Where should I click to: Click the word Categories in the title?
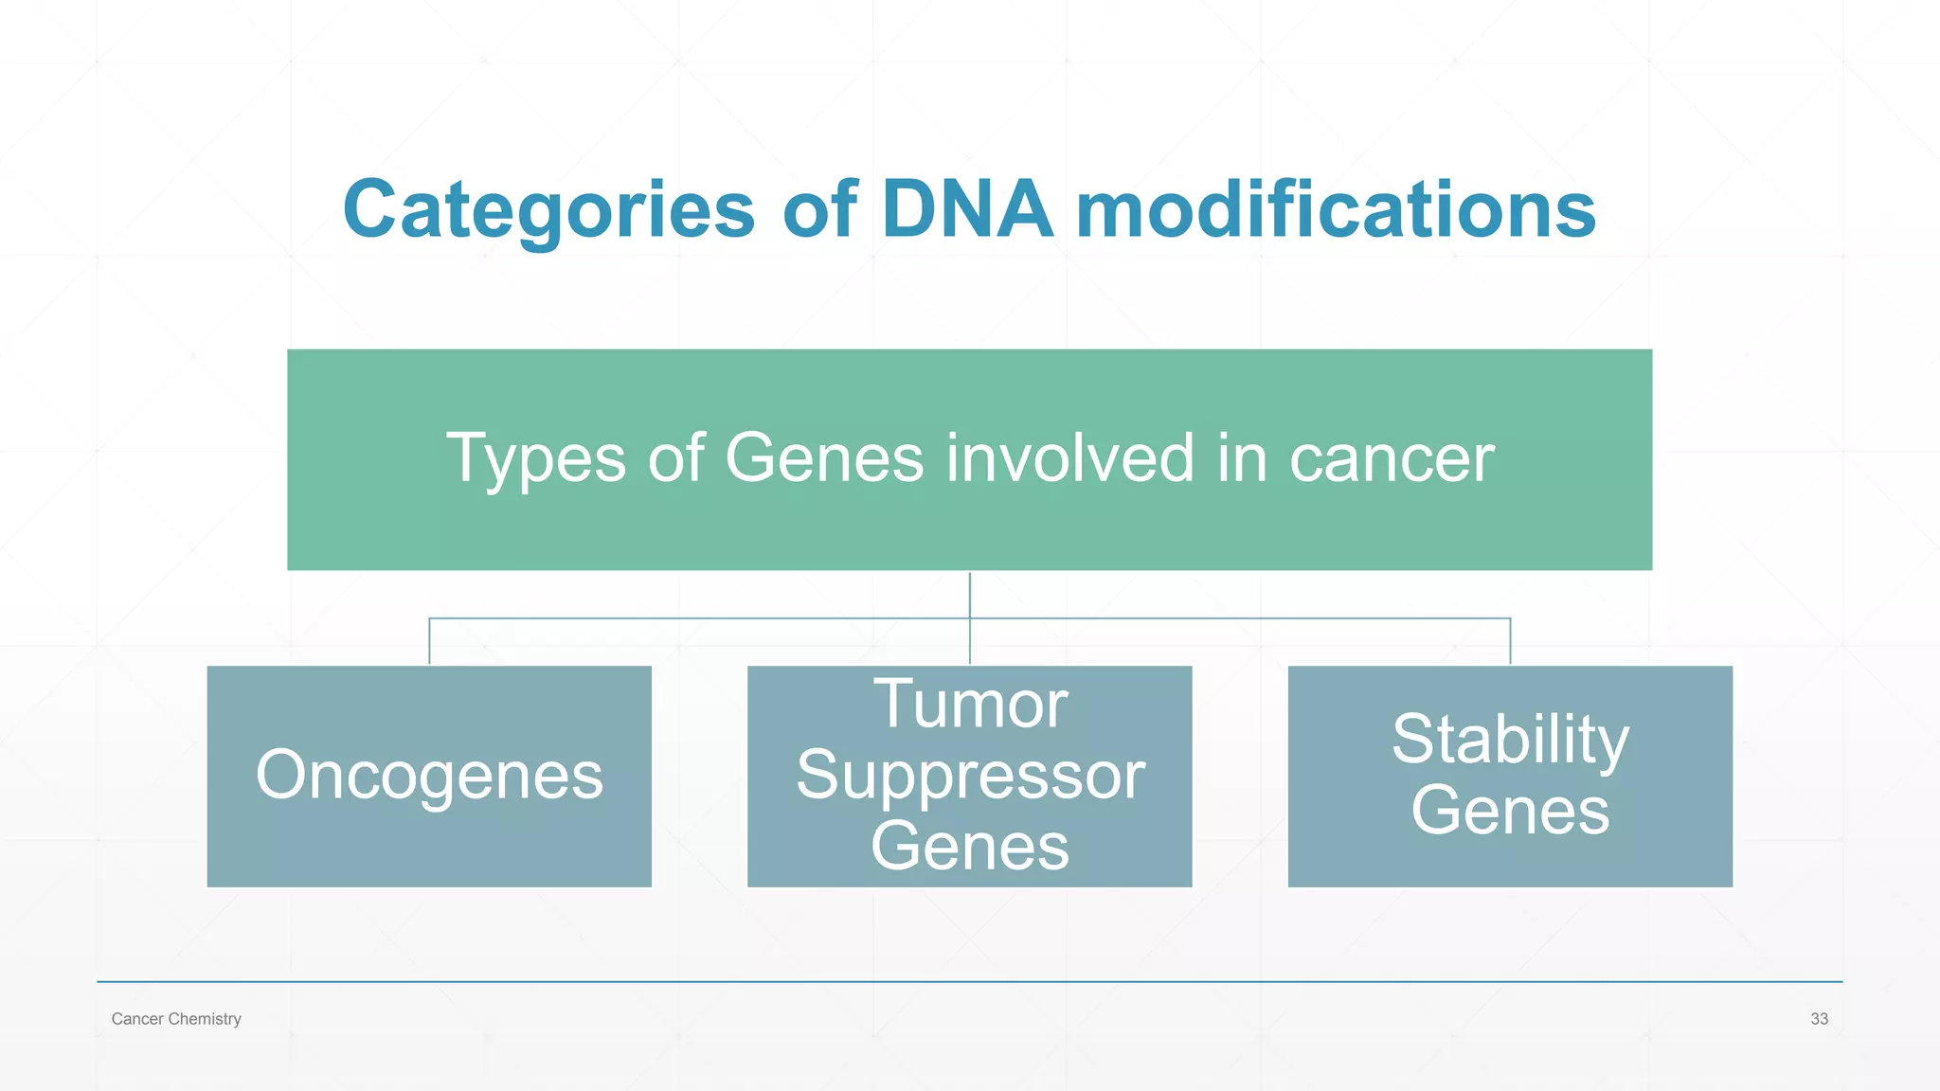tap(548, 209)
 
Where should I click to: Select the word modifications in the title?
tap(1336, 209)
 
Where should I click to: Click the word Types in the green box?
tap(535, 459)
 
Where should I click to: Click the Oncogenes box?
tap(429, 776)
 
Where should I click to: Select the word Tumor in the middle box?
tap(970, 705)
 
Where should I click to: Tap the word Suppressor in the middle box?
tap(970, 776)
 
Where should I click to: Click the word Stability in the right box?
tap(1510, 740)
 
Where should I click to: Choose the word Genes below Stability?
tap(1510, 811)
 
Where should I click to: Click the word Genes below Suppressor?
tap(970, 846)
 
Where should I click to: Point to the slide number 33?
tap(1819, 1019)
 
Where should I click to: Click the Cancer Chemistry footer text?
tap(176, 1019)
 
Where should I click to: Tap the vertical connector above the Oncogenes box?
tap(429, 642)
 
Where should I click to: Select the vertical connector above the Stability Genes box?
tap(1510, 642)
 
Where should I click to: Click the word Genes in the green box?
tap(823, 458)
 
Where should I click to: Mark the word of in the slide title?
tap(819, 209)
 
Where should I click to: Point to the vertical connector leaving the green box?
tap(970, 594)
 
